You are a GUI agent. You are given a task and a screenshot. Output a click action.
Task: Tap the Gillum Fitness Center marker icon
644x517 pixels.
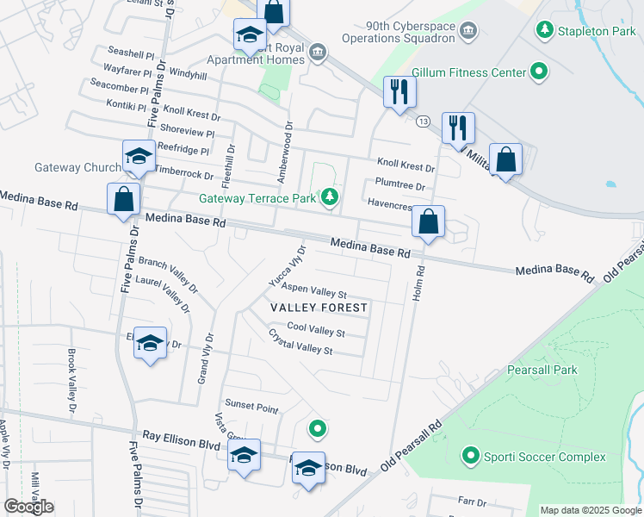(x=539, y=72)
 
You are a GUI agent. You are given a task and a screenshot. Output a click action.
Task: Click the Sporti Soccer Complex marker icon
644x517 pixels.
(x=470, y=456)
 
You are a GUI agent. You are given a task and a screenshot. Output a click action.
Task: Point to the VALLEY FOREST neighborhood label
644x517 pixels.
(x=319, y=308)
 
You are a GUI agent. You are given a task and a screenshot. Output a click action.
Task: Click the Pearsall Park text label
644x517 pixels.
(x=541, y=370)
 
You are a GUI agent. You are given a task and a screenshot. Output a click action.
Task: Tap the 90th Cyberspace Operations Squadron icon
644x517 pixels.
(x=468, y=32)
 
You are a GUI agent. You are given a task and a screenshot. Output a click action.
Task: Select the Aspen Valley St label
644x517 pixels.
(x=314, y=291)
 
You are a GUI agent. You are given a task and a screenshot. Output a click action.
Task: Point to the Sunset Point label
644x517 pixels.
(x=251, y=405)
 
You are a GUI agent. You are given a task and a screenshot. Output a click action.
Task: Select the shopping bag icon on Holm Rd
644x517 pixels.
(x=428, y=221)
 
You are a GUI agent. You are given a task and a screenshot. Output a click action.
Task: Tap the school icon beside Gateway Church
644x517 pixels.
(x=138, y=157)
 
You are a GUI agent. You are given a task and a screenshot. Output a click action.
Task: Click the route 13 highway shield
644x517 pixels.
(x=422, y=122)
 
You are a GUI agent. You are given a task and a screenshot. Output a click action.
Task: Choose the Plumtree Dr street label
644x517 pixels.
(x=400, y=185)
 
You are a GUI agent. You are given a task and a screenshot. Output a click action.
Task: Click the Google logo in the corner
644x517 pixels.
(x=28, y=507)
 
